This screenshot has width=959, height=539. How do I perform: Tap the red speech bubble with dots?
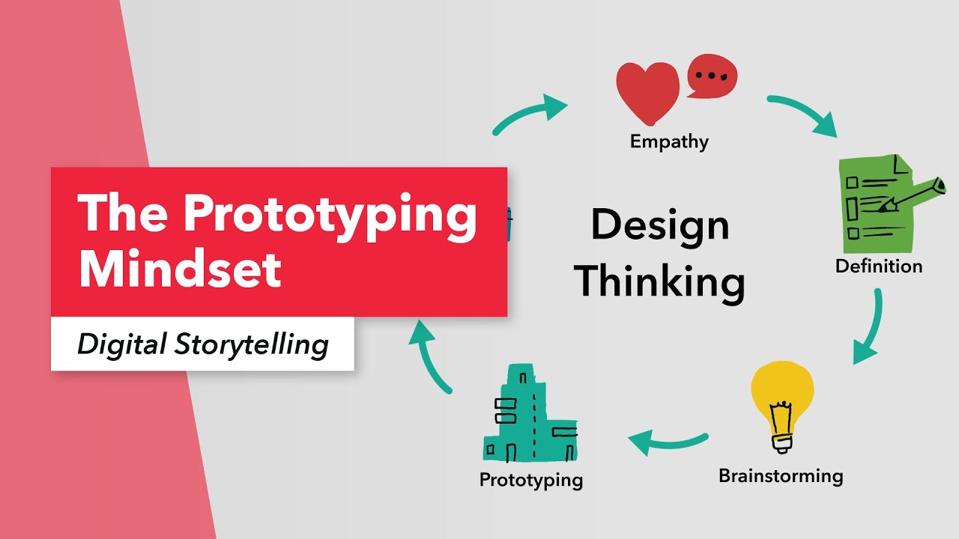(x=712, y=76)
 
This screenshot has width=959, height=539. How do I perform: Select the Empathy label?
(x=669, y=141)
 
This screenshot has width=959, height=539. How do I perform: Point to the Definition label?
(x=879, y=266)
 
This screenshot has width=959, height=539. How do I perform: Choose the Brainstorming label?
(x=781, y=476)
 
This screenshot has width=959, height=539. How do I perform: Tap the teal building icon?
(x=530, y=413)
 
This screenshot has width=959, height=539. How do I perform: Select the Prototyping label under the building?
(x=531, y=480)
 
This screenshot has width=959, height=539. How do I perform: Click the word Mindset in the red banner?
(x=180, y=269)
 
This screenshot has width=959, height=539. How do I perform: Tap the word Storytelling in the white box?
(x=251, y=345)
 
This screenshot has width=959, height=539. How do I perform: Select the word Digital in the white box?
(x=121, y=345)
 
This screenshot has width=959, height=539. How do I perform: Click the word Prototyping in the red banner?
(x=330, y=215)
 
